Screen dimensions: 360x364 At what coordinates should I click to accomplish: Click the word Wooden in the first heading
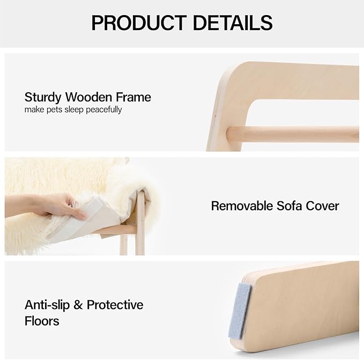pos(90,97)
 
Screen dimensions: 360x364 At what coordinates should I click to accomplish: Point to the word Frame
pos(134,97)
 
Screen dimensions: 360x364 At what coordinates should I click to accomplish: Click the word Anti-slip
pos(48,305)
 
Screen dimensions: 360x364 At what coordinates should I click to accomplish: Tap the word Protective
pos(115,305)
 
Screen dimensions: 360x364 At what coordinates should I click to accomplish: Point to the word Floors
pos(42,321)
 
